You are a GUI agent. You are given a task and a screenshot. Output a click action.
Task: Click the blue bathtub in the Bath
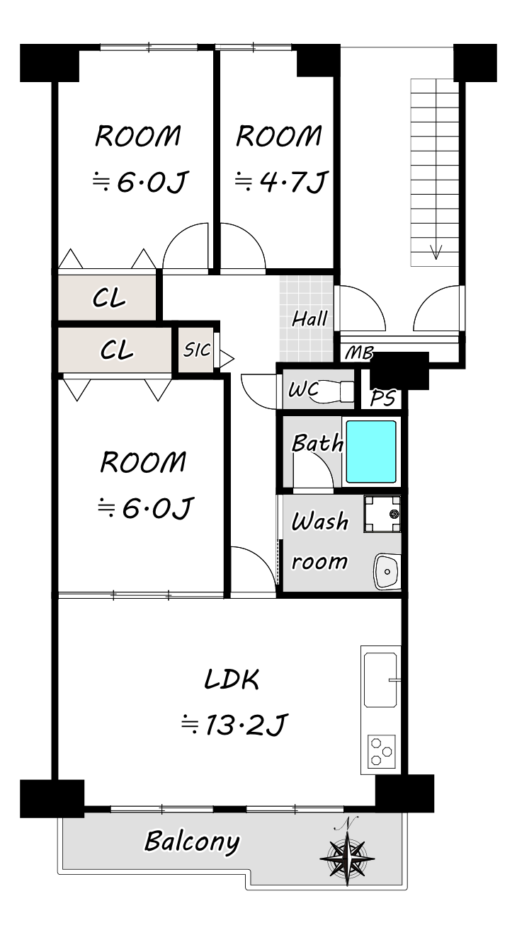pyautogui.click(x=371, y=452)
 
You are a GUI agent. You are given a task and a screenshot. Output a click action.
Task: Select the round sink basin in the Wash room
pyautogui.click(x=387, y=572)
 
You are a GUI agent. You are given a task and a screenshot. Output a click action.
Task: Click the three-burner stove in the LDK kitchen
pyautogui.click(x=381, y=750)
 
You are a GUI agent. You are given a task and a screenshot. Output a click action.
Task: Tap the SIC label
pyautogui.click(x=197, y=350)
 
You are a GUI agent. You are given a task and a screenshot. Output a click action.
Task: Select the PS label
pyautogui.click(x=382, y=398)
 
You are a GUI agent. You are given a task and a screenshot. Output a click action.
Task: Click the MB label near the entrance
pyautogui.click(x=359, y=353)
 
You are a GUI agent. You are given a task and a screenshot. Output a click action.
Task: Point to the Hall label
pyautogui.click(x=309, y=319)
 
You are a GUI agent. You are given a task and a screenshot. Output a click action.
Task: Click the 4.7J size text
pyautogui.click(x=281, y=181)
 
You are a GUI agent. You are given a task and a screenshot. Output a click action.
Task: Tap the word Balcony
pyautogui.click(x=192, y=842)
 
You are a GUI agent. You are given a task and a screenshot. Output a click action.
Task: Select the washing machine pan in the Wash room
pyautogui.click(x=382, y=514)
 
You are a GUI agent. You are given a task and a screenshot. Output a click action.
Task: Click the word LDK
pyautogui.click(x=232, y=679)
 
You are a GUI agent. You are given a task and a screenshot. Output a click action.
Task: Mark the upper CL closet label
pyautogui.click(x=109, y=298)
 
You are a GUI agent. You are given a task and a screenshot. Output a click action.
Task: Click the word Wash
pyautogui.click(x=319, y=522)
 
